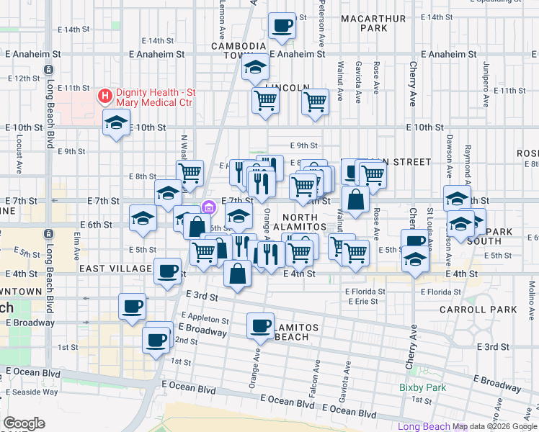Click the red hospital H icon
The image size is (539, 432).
[105, 96]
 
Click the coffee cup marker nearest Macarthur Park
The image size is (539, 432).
[282, 27]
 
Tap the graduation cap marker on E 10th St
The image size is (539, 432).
[116, 125]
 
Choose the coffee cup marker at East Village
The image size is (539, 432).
[168, 271]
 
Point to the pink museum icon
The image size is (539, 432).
[209, 207]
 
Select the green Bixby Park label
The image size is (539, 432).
[423, 388]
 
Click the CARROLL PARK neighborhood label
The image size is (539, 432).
[478, 310]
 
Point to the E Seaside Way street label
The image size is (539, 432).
[32, 392]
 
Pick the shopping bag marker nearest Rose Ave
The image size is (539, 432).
[355, 199]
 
